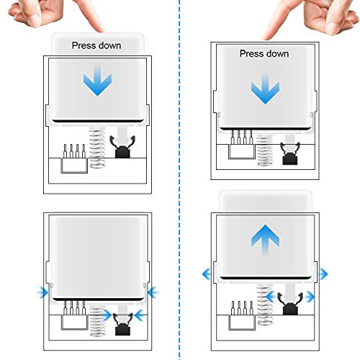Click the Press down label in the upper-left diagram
point(96,45)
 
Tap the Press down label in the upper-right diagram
point(264,53)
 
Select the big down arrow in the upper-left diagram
point(97,81)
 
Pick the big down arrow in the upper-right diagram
point(265,89)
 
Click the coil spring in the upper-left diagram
point(97,148)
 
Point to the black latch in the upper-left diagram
point(122,147)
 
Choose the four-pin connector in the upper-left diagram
point(74,158)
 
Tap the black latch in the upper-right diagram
point(290,153)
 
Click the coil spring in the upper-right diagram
point(265,150)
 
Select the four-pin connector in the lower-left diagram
point(74,315)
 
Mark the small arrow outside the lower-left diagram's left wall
point(42,292)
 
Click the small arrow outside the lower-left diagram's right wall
point(153,292)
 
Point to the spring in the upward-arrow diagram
point(265,305)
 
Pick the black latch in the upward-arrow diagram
point(290,303)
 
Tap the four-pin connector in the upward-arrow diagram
point(242,315)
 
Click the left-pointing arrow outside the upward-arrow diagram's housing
point(207,274)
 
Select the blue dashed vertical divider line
point(179,180)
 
